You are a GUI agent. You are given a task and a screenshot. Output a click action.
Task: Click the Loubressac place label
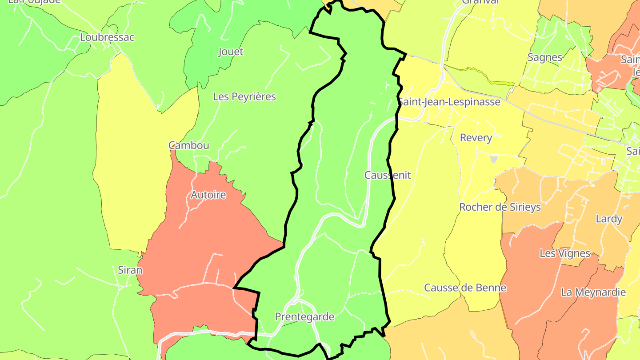[x=107, y=37]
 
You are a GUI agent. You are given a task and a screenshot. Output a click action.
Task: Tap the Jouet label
[x=231, y=52]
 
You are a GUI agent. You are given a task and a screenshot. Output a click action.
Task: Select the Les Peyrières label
[x=244, y=96]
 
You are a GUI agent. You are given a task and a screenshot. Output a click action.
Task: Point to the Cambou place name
[x=189, y=145]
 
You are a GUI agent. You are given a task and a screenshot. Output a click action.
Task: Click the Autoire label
[x=208, y=195]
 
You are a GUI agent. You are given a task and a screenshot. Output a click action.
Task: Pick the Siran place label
[x=130, y=270]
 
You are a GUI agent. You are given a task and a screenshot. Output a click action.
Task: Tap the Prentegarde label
[x=304, y=317]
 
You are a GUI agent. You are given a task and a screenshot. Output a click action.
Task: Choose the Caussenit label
[x=388, y=175]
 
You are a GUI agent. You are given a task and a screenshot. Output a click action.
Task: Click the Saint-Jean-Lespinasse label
[x=449, y=102]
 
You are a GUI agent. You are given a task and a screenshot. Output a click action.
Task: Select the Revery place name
[x=476, y=138]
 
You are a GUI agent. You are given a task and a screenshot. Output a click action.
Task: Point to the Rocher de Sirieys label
[x=500, y=207]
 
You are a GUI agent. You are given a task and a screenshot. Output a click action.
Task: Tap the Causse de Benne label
[x=465, y=288]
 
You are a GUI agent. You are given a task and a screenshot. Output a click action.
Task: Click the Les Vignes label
[x=565, y=253]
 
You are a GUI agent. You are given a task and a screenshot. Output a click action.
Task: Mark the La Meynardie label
[x=593, y=292]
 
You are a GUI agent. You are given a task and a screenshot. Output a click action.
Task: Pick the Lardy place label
[x=609, y=219]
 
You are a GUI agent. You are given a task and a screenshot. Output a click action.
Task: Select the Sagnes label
[x=545, y=57]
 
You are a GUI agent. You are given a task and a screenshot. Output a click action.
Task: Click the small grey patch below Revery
[x=494, y=159]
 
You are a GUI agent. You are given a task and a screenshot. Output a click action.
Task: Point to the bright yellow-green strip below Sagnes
[x=500, y=83]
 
